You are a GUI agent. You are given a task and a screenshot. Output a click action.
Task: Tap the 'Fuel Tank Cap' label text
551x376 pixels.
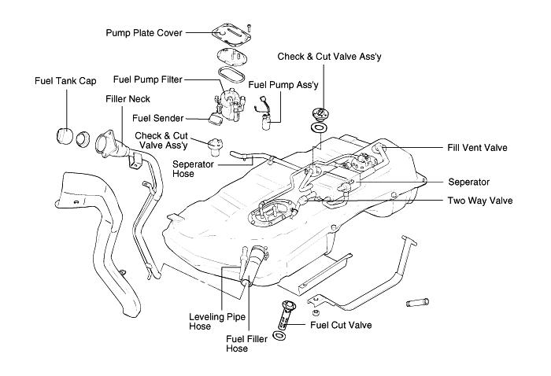[x=65, y=80]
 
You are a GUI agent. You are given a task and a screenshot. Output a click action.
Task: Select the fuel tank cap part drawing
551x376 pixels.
[x=68, y=135]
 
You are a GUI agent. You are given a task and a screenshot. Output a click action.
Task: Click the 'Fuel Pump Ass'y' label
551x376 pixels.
[x=280, y=83]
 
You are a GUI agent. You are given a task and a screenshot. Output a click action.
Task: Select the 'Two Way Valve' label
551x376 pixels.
[x=480, y=201]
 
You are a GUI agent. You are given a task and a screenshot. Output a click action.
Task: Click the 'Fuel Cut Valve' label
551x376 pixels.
[x=341, y=324]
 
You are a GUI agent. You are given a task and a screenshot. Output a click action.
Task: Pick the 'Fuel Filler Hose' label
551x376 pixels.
[x=249, y=344]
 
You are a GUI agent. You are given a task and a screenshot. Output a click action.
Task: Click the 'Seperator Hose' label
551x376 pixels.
[x=194, y=168]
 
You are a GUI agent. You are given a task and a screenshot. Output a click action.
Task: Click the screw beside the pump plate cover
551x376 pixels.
[x=249, y=28]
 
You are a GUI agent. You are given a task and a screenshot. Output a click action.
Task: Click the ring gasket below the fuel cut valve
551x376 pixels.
[x=280, y=336]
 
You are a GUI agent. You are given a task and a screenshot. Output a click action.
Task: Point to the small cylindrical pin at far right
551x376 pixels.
[x=418, y=303]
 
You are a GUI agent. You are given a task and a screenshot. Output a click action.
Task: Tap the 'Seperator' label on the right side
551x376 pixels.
[x=469, y=181]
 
